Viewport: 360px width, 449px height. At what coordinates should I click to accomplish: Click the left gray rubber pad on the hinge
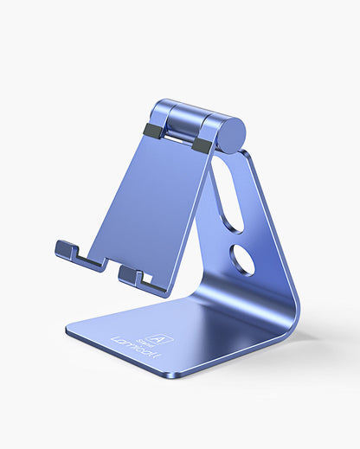pos(153,131)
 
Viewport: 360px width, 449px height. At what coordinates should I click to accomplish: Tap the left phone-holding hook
pos(68,251)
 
